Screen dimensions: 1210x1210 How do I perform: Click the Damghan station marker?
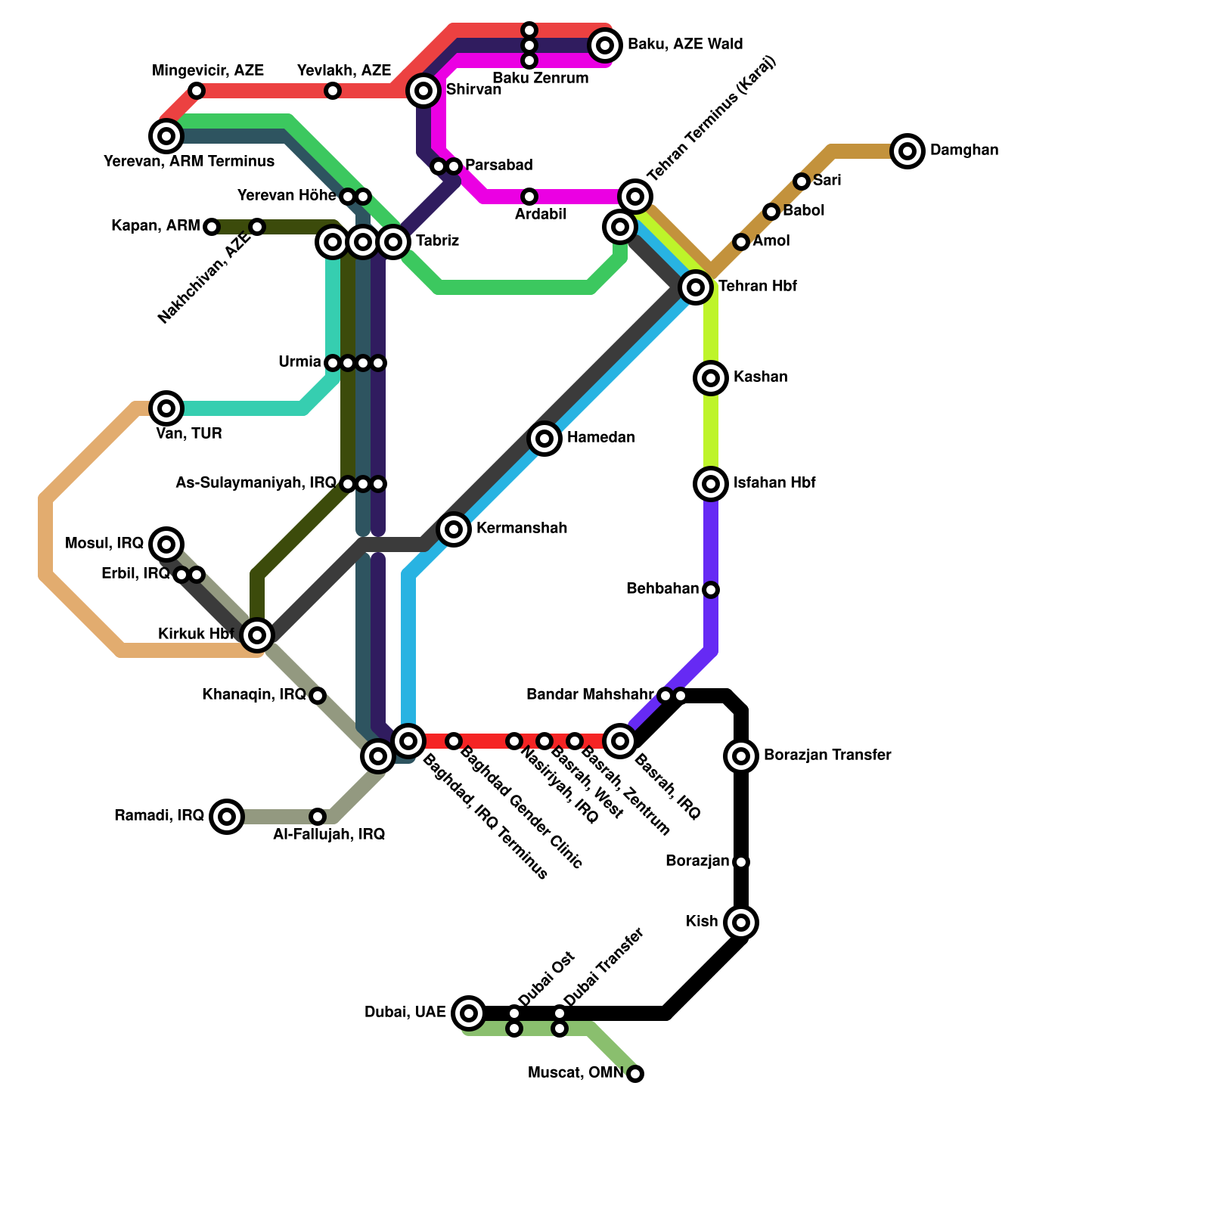(907, 151)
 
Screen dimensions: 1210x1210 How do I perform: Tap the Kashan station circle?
(711, 377)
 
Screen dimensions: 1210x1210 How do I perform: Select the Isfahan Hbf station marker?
(711, 483)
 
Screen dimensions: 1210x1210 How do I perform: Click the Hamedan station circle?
(544, 438)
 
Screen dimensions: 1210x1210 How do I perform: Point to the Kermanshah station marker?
(454, 529)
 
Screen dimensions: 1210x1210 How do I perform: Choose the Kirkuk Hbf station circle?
(257, 634)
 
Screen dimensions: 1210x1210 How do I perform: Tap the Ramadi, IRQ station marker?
(227, 816)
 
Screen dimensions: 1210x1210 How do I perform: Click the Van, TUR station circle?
(166, 408)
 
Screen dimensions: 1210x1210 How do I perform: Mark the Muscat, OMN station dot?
(635, 1073)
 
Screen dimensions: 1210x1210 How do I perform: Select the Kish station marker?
(741, 922)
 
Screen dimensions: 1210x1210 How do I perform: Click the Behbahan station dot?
(711, 589)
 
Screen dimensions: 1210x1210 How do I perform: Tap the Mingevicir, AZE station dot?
(197, 91)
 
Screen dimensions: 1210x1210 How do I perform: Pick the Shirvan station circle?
(424, 91)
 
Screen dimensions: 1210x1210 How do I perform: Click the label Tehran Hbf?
(757, 287)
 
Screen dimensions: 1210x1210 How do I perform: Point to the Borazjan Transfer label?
(827, 755)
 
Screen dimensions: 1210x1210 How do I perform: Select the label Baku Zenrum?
(540, 78)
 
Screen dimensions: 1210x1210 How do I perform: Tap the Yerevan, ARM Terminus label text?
(188, 162)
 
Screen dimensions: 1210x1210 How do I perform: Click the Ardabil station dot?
(529, 197)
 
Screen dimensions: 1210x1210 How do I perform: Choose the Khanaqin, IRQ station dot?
(318, 695)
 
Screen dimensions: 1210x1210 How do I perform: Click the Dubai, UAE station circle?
(469, 1013)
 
